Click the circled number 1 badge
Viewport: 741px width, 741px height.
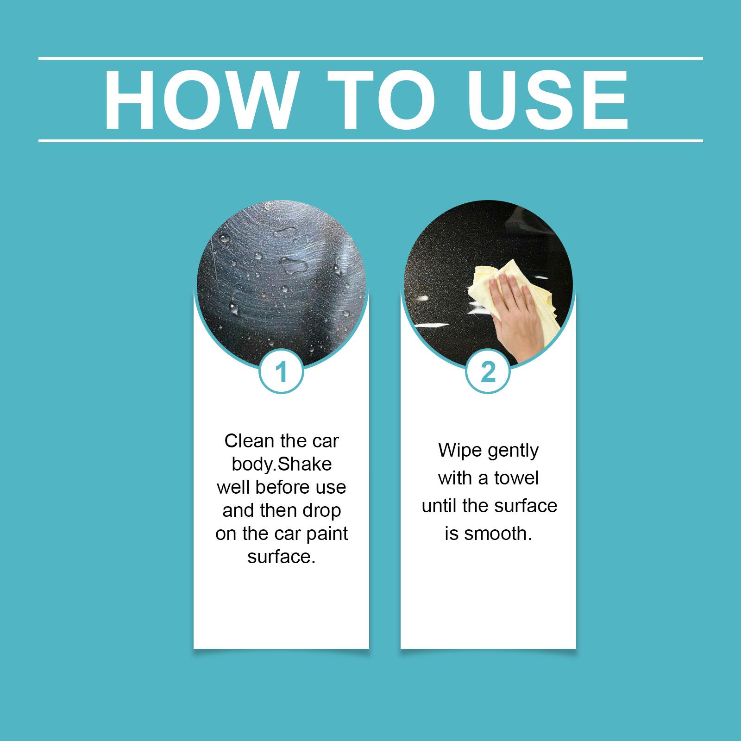(x=282, y=372)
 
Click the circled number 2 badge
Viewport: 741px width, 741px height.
(x=488, y=372)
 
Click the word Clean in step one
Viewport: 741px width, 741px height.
(x=249, y=441)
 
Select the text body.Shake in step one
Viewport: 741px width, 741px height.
(x=282, y=464)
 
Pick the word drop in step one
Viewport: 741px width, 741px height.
(x=322, y=510)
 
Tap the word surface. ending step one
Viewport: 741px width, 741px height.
(x=282, y=557)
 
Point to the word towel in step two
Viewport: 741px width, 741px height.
(x=516, y=477)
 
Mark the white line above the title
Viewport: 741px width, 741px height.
(x=370, y=58)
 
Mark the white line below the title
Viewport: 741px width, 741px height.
(x=370, y=140)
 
